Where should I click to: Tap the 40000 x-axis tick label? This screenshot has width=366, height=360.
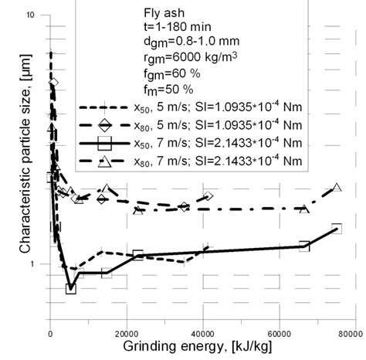click(202, 335)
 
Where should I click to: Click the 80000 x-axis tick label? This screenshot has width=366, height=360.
click(349, 335)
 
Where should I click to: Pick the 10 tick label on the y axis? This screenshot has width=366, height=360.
click(32, 15)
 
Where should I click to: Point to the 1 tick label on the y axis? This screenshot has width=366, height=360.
click(36, 264)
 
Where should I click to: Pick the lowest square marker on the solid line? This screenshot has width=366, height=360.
click(71, 288)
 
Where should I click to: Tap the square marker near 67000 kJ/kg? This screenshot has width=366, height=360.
click(304, 246)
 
